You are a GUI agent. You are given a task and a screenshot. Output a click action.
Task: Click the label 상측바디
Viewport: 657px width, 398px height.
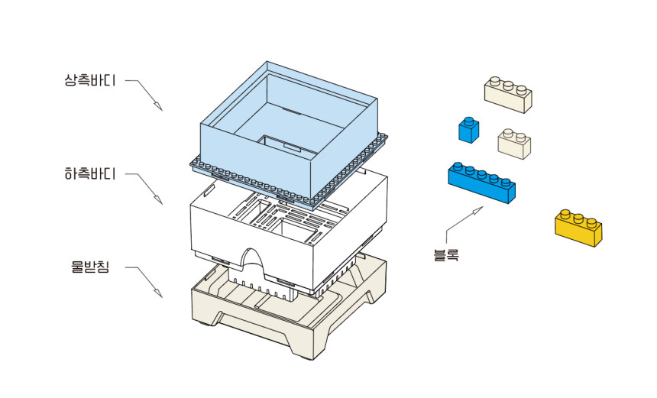89,79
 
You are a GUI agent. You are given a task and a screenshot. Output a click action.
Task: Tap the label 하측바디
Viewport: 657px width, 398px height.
89,173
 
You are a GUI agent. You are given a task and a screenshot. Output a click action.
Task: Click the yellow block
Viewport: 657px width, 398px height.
578,228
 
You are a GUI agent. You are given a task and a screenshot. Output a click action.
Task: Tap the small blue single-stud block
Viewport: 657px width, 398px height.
468,130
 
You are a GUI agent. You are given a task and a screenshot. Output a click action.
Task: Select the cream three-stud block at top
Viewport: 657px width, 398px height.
508,95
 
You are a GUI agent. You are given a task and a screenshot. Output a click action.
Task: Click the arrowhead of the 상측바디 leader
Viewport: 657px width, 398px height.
160,108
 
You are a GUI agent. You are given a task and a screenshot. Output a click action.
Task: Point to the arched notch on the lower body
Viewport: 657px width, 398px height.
253,260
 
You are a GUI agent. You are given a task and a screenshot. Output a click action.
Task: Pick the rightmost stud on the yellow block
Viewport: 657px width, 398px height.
592,219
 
